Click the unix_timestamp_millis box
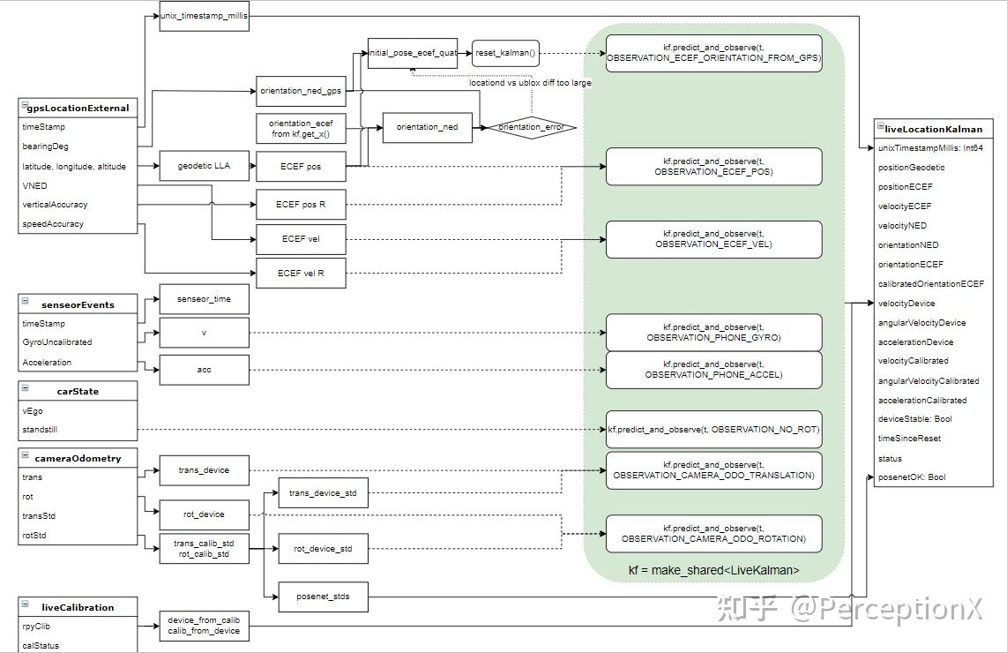204,17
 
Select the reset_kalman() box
505,53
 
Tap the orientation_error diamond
531,127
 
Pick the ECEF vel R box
301,274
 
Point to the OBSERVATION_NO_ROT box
713,429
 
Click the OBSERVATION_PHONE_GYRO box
713,332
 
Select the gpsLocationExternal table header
78,108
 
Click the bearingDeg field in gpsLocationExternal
45,146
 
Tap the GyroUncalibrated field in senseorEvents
56,342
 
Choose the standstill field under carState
41,431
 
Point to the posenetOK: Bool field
912,477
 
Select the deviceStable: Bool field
914,419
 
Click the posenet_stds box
323,597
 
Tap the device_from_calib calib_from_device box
204,625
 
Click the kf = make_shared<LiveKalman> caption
713,570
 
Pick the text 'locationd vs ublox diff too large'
530,83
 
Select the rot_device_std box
323,549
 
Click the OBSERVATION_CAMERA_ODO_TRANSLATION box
713,469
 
